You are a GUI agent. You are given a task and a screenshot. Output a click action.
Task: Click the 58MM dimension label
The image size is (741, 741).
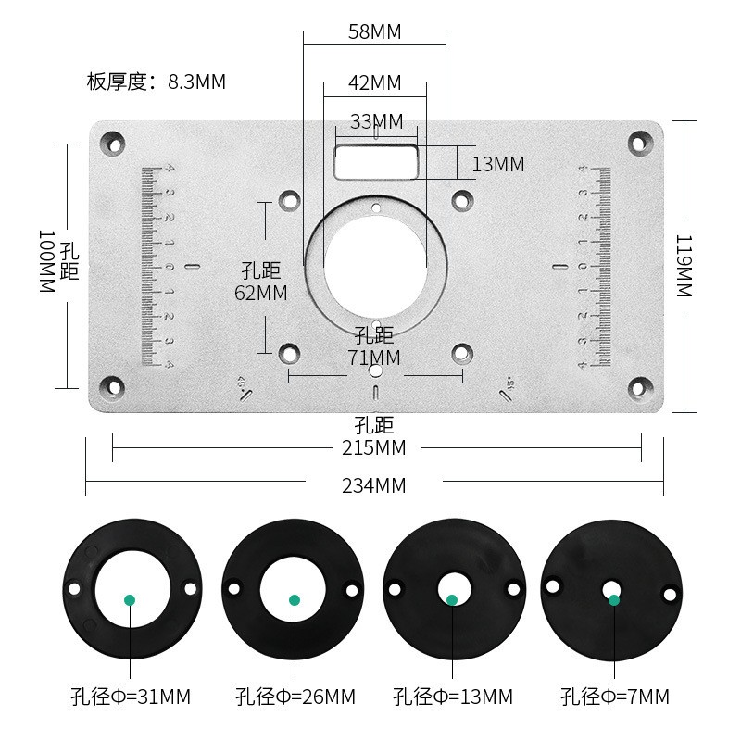[374, 32]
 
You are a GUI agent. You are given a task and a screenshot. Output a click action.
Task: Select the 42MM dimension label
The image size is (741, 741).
[374, 82]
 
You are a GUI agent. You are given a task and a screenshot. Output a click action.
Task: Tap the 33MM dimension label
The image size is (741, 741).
[376, 121]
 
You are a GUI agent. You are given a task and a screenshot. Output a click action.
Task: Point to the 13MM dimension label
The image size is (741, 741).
[497, 165]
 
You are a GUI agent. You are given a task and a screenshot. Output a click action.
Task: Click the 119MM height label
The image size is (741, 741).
[684, 266]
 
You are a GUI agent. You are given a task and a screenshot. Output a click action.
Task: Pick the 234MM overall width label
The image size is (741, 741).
[374, 485]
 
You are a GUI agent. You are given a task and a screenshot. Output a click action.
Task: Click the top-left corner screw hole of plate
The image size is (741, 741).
[113, 143]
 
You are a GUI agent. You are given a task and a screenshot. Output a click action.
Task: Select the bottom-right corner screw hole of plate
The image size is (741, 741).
[638, 387]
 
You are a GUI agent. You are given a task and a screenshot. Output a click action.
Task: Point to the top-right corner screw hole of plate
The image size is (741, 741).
[638, 143]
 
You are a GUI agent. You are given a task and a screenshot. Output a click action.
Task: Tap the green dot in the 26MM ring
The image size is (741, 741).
[295, 600]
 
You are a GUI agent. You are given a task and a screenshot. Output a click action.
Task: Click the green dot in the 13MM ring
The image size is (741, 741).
[452, 599]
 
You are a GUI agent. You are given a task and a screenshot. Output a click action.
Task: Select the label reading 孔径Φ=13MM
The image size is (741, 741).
[452, 697]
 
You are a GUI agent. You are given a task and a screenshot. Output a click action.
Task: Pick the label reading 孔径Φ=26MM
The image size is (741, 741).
[295, 697]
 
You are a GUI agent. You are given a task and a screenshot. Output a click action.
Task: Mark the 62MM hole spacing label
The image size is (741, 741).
[260, 293]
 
